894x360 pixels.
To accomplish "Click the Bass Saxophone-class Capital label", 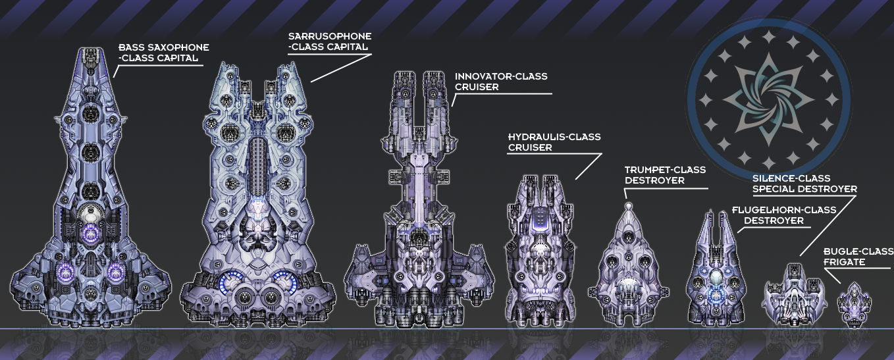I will (163, 53).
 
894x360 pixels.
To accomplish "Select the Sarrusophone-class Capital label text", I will (330, 41).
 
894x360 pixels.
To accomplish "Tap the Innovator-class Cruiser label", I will (500, 82).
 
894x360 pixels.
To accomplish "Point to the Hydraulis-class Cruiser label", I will (554, 142).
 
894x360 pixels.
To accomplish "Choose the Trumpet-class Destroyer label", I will (665, 175).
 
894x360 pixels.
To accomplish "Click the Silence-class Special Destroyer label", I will (804, 184).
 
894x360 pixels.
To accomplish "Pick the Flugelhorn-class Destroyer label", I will (783, 215).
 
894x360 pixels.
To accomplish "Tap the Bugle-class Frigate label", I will (858, 257).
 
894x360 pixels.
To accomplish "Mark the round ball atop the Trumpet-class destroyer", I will (629, 206).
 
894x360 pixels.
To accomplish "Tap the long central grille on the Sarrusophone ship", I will (257, 165).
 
